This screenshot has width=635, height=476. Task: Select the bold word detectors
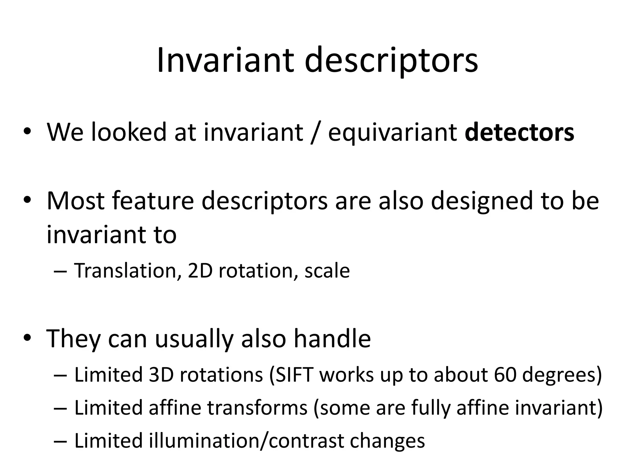click(520, 133)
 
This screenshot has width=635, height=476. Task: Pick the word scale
click(327, 270)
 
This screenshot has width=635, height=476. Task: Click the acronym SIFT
click(294, 375)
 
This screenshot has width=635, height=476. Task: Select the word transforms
click(257, 408)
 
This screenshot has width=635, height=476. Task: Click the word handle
click(332, 338)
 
